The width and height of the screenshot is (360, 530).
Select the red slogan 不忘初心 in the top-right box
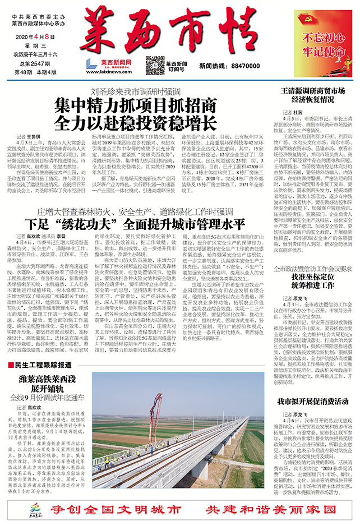[321, 38]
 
